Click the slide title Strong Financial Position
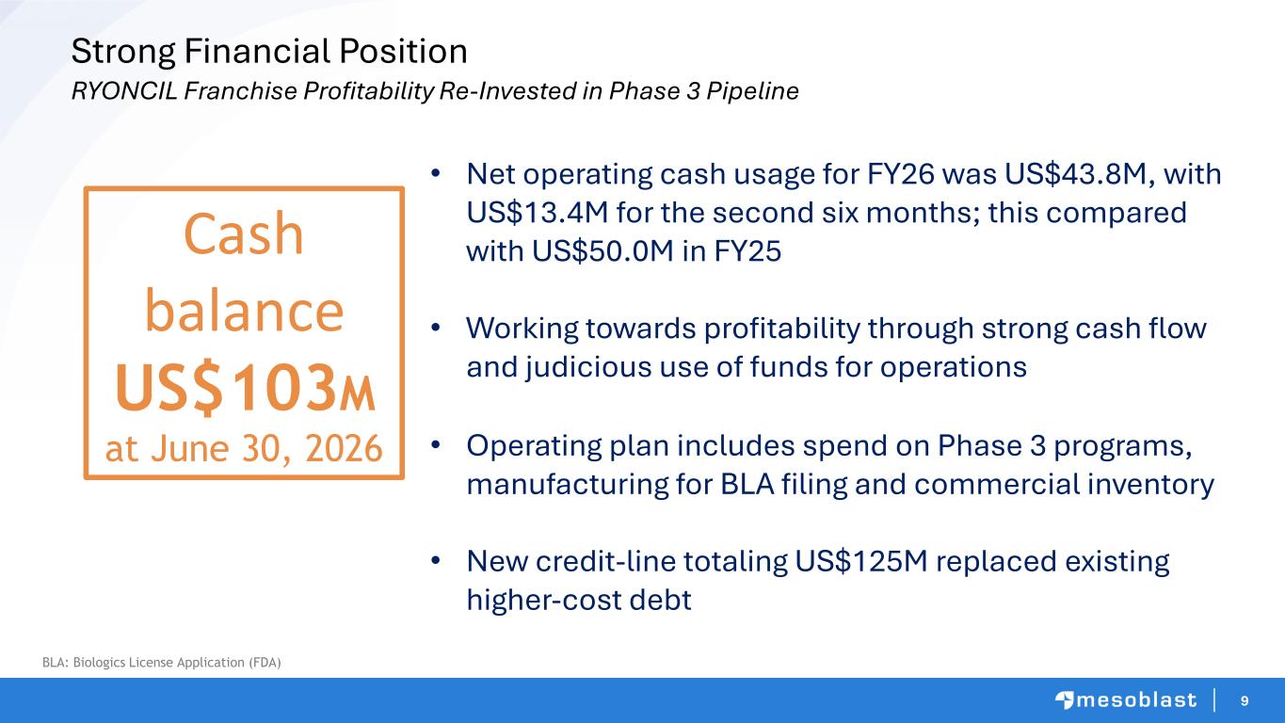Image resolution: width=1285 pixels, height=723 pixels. [269, 52]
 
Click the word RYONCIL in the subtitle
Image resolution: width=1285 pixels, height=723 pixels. [124, 91]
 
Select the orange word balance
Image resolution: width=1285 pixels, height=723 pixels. [244, 311]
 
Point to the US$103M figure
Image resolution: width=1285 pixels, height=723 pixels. [245, 388]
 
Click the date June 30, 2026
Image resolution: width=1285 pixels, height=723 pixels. [266, 448]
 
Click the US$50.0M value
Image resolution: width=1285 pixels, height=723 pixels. [602, 251]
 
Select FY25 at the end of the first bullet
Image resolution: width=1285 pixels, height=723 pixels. [747, 251]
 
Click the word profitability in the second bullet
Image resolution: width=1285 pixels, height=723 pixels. [782, 329]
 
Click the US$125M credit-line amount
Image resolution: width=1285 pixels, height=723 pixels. [861, 562]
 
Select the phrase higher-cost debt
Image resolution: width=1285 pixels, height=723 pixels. [579, 601]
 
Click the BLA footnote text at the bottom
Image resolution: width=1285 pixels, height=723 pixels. [162, 663]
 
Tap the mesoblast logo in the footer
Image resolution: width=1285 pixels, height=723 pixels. [1126, 700]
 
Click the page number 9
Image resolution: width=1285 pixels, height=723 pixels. [1245, 700]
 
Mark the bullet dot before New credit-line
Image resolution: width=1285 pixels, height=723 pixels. [436, 559]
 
